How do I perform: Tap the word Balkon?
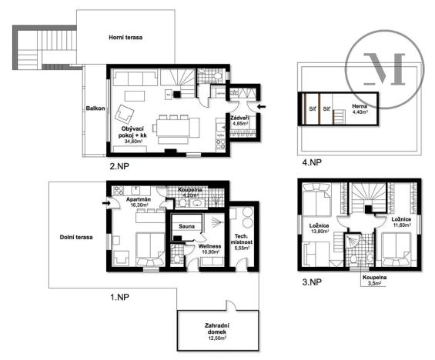pos(95,108)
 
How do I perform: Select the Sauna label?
pos(186,227)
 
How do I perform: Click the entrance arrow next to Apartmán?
pos(105,203)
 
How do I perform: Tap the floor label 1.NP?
pos(120,294)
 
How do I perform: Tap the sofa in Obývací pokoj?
pos(136,80)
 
